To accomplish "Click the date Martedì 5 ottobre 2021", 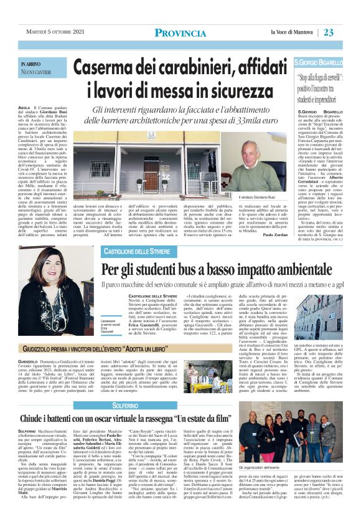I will coord(57,32).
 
